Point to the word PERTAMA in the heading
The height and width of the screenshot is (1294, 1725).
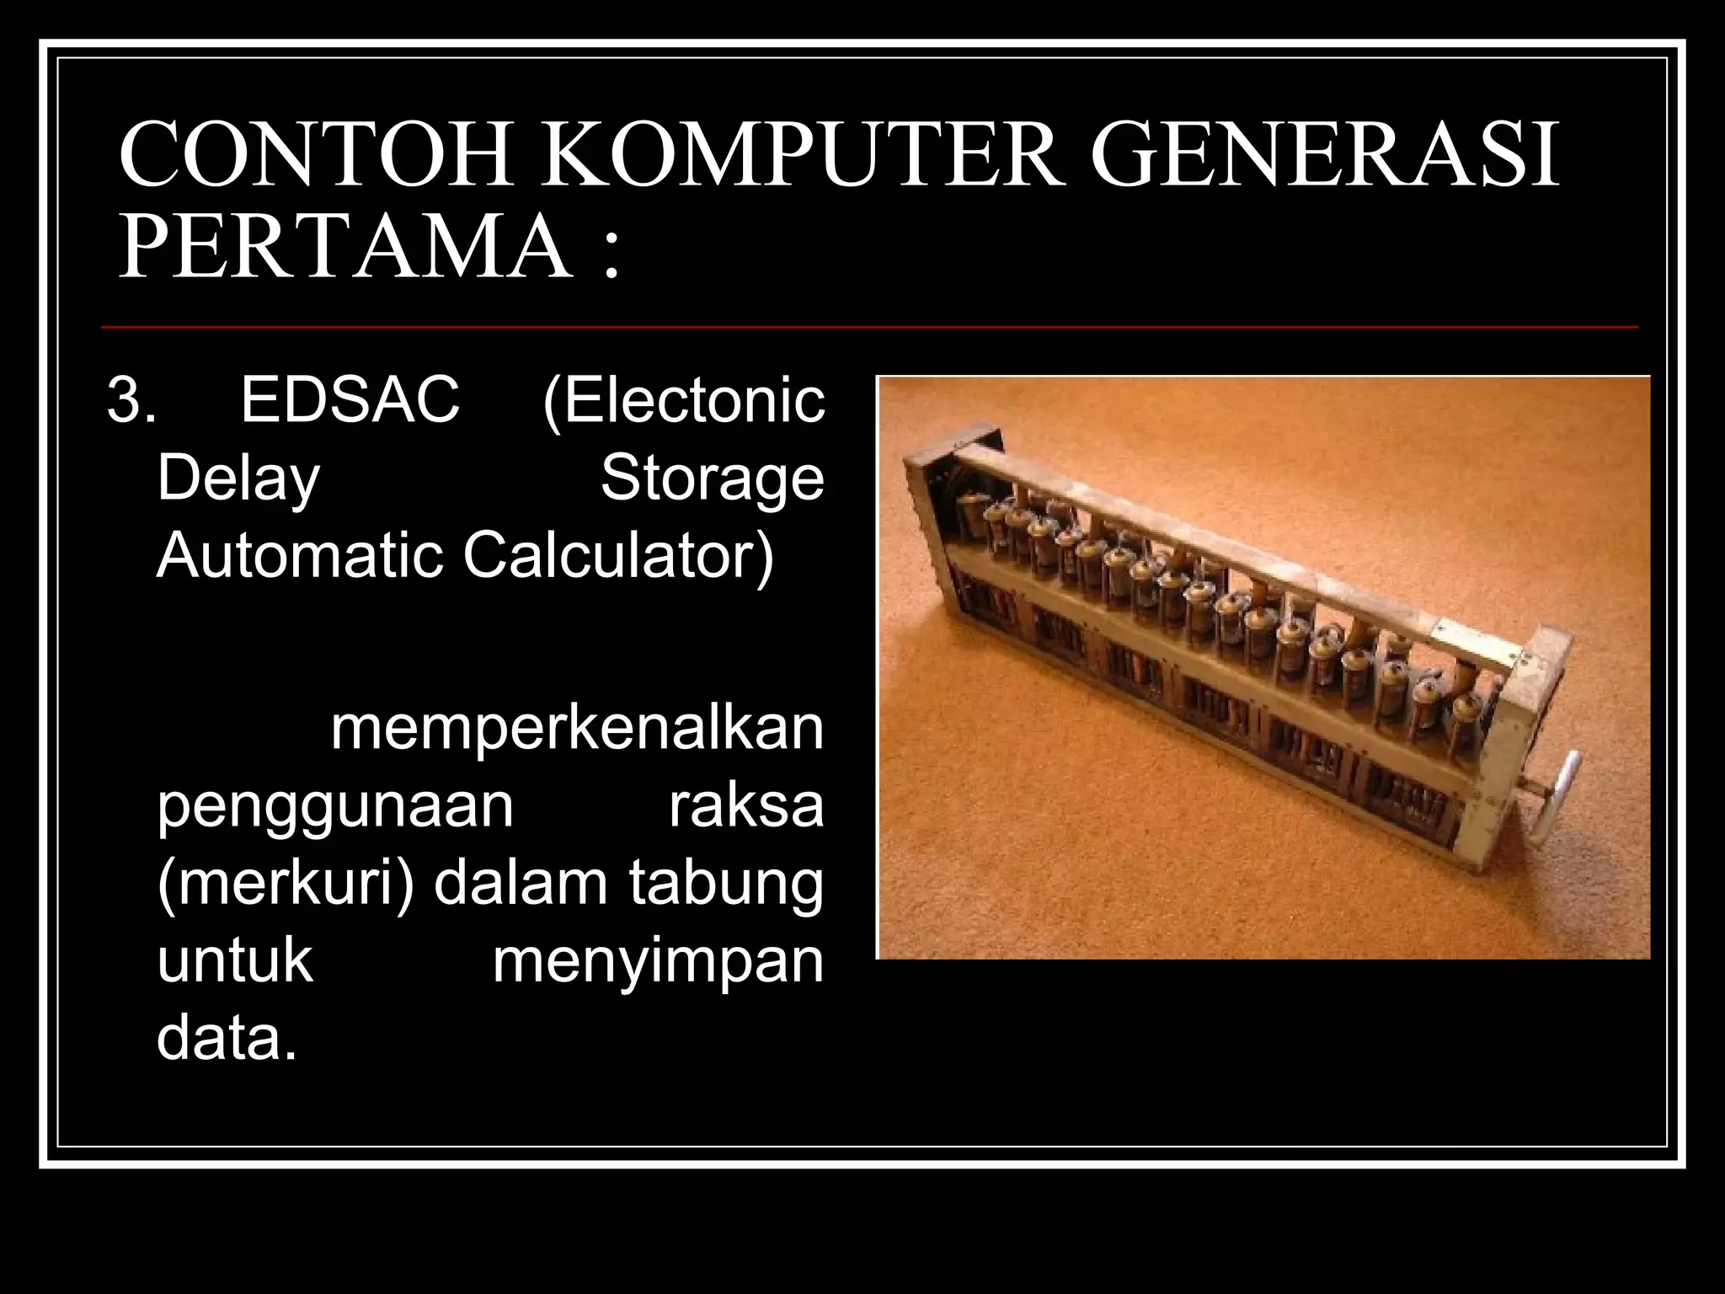pyautogui.click(x=345, y=249)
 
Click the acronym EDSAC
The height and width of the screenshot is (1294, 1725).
pyautogui.click(x=350, y=400)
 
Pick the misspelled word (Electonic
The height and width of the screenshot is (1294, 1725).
pyautogui.click(x=683, y=400)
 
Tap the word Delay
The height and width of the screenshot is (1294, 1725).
pyautogui.click(x=238, y=479)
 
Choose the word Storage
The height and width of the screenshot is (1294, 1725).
pyautogui.click(x=712, y=479)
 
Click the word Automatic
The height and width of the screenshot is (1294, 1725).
pyautogui.click(x=299, y=556)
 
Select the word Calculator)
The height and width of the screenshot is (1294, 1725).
pyautogui.click(x=618, y=556)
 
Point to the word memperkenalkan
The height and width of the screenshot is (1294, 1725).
pyautogui.click(x=577, y=729)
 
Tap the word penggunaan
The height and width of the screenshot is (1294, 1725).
pyautogui.click(x=335, y=806)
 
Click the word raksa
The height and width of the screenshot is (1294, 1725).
pyautogui.click(x=746, y=806)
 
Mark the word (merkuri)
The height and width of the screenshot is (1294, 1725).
pyautogui.click(x=286, y=884)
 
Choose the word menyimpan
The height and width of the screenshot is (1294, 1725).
pyautogui.click(x=658, y=961)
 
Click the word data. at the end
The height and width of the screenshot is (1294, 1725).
pyautogui.click(x=227, y=1039)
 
